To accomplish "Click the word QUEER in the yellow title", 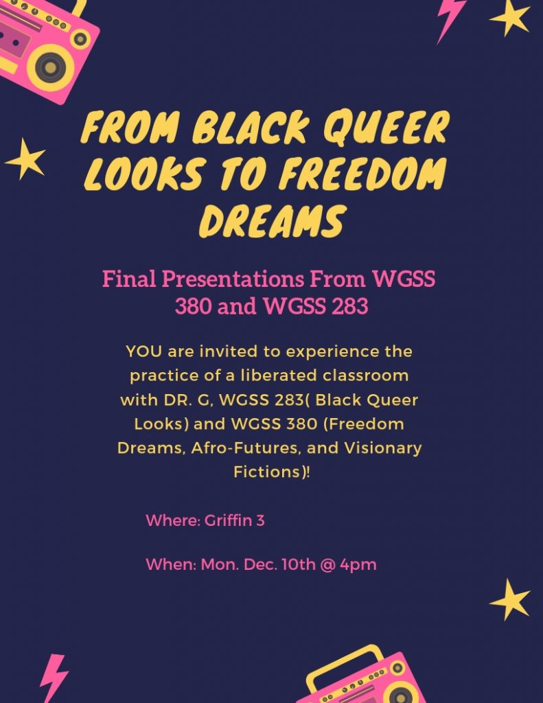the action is coord(386,127).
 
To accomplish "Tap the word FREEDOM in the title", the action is coord(362,174).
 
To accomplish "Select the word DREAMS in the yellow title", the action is coord(273,220).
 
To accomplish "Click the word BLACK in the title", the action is coord(251,127).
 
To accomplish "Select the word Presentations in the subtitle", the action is coord(233,279).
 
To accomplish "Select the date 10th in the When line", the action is coord(299,564).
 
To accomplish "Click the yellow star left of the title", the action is coord(25,159).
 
